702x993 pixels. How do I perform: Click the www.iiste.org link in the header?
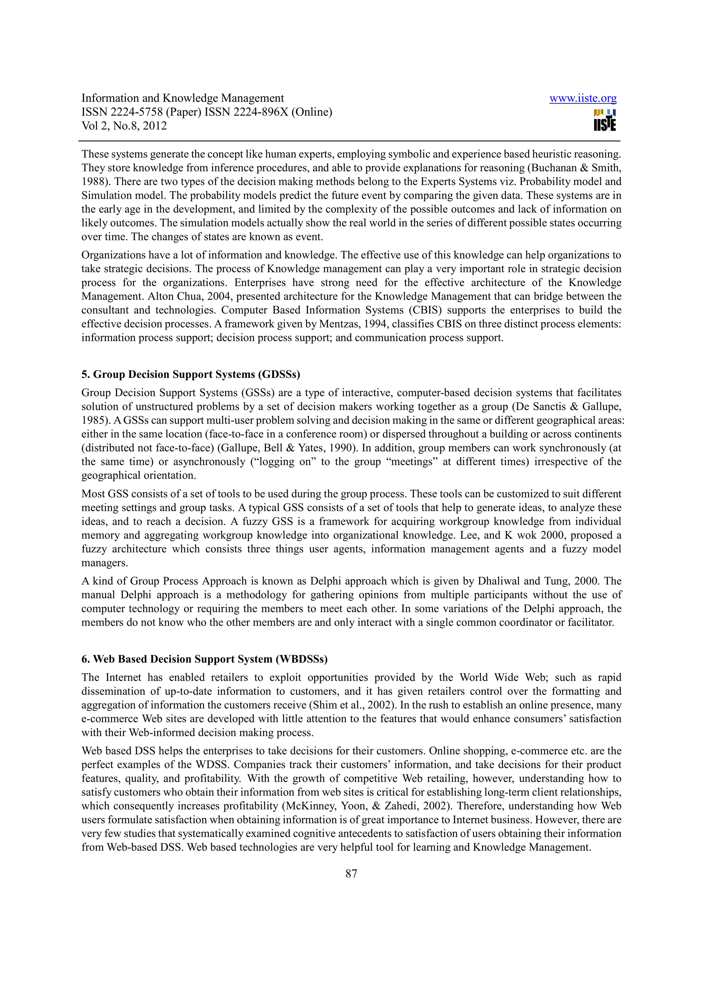[583, 99]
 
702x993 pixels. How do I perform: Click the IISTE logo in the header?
[605, 120]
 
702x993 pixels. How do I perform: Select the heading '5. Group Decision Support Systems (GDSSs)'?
[191, 374]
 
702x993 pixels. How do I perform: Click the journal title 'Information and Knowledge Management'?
[183, 98]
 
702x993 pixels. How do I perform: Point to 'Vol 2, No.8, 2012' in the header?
[124, 126]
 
